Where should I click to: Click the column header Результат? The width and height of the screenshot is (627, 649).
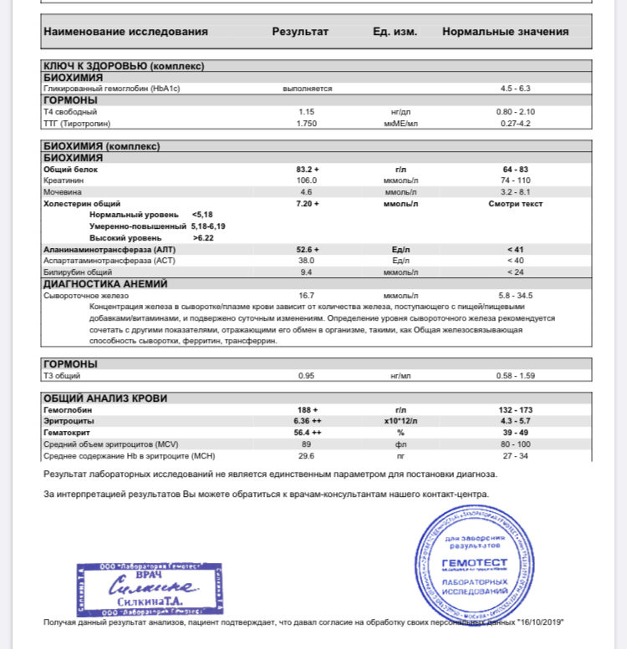[x=300, y=32]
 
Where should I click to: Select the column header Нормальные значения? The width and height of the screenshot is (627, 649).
[x=505, y=32]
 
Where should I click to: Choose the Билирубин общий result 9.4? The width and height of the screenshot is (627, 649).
[x=306, y=272]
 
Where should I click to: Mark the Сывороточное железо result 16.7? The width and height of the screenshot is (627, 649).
[x=306, y=296]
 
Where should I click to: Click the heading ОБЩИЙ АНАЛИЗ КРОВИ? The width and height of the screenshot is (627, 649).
[x=105, y=398]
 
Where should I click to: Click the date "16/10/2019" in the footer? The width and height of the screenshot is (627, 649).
[x=542, y=622]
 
